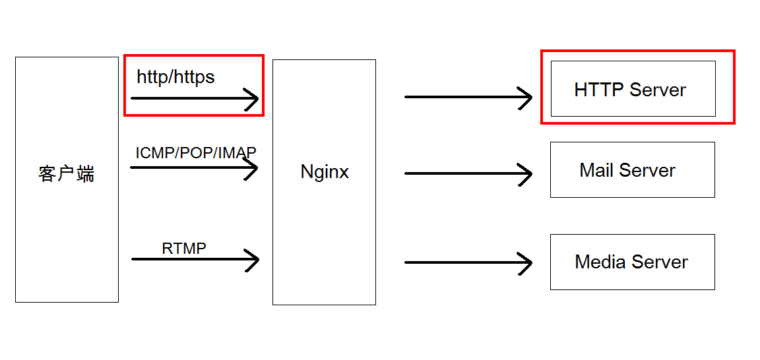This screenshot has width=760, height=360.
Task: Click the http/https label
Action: [x=175, y=77]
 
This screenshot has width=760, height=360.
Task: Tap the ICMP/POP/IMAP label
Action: [x=196, y=153]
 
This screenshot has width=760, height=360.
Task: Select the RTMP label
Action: [x=184, y=249]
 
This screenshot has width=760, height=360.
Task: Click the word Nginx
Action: [x=325, y=172]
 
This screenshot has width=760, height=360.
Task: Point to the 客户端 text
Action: [x=66, y=174]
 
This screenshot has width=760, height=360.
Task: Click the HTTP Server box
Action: [x=633, y=89]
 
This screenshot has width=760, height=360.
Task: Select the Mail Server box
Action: [x=632, y=169]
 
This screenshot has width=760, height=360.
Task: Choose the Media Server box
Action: [x=632, y=262]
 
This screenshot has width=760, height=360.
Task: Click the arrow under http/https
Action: [x=195, y=99]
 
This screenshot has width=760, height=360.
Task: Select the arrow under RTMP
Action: [x=195, y=259]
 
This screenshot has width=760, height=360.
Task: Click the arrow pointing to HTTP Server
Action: [x=468, y=97]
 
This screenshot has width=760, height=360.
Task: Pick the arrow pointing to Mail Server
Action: [x=468, y=173]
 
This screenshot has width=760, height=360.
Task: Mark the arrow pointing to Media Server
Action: [x=468, y=262]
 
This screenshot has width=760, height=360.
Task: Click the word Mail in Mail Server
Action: [x=596, y=170]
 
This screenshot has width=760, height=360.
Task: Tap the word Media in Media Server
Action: [x=600, y=262]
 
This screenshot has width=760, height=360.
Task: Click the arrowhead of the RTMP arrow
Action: [x=253, y=259]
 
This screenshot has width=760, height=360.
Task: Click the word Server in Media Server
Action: [x=660, y=262]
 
